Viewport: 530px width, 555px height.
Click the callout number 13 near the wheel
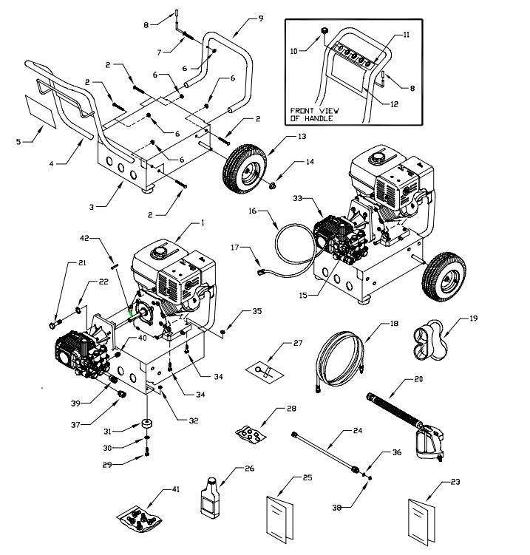pos(302,137)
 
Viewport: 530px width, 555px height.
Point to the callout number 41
pos(176,488)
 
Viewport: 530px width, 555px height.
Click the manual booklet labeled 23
pos(424,514)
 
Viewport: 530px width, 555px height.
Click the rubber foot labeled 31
pos(147,426)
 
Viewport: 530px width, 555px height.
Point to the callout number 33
pos(299,197)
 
